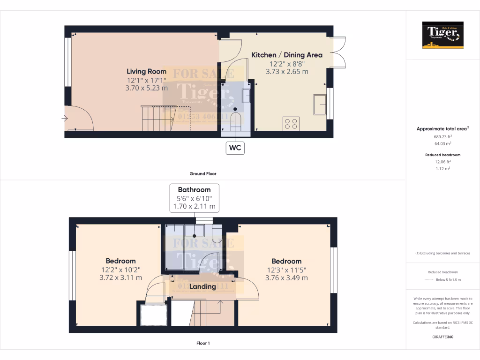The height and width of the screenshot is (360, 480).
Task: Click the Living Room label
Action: (x=146, y=71)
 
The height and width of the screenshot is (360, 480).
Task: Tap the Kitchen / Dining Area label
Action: (x=287, y=55)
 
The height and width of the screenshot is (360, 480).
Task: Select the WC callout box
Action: (x=235, y=148)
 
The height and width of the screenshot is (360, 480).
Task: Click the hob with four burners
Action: (x=291, y=124)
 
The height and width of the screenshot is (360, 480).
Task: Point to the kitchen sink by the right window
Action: (x=320, y=104)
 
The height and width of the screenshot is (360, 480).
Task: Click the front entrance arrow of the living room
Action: (x=64, y=119)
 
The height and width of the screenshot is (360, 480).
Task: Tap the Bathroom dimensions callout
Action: (x=194, y=198)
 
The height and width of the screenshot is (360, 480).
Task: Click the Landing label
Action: (x=202, y=286)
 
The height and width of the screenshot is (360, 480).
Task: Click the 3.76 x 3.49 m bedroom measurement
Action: (x=286, y=277)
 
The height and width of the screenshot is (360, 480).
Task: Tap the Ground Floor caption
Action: (x=202, y=173)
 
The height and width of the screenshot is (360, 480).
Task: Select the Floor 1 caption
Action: (x=202, y=343)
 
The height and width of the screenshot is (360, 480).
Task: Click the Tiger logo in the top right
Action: (x=442, y=35)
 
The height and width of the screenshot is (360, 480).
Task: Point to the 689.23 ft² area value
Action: (x=442, y=136)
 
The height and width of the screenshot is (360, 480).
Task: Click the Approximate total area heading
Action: (x=442, y=128)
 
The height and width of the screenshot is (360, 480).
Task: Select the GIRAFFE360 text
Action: (x=442, y=337)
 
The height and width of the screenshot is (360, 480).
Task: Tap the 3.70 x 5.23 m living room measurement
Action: (x=146, y=88)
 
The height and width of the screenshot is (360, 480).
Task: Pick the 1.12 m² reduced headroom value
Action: (x=442, y=169)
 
